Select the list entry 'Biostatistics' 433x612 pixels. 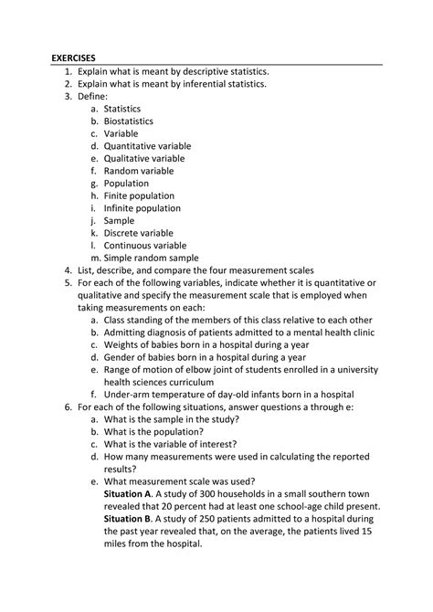128,121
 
